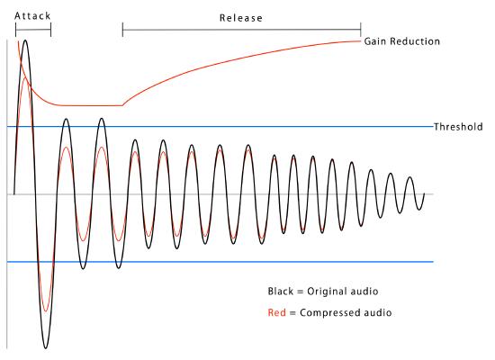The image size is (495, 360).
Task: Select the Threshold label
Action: click(x=460, y=127)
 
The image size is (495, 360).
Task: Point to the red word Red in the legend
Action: click(x=277, y=312)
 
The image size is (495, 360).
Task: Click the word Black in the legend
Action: click(x=282, y=292)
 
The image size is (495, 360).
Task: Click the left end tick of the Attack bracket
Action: click(x=16, y=28)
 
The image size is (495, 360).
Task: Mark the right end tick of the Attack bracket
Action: click(x=51, y=28)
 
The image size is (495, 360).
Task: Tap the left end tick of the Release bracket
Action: click(x=122, y=30)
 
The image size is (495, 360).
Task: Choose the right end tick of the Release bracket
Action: click(x=361, y=30)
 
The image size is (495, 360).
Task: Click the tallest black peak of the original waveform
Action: click(x=25, y=40)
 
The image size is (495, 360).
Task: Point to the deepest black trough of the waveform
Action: click(x=45, y=347)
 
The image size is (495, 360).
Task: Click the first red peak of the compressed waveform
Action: click(x=23, y=77)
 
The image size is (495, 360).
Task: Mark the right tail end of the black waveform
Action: click(x=423, y=194)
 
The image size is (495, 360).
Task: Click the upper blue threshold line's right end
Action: click(x=433, y=127)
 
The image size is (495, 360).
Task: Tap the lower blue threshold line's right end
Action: click(x=433, y=262)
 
